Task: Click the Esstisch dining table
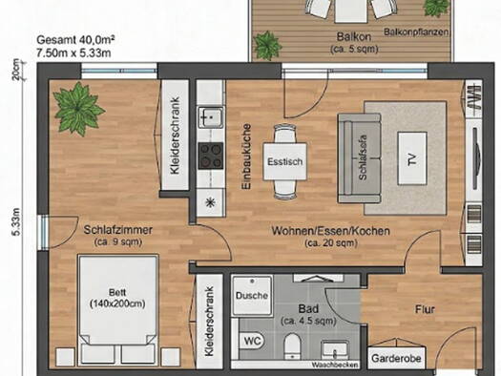(x=284, y=161)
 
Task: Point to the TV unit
(x=412, y=158)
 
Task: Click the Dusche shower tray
(x=251, y=296)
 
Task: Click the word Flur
(x=424, y=309)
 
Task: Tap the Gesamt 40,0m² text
(x=76, y=41)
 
